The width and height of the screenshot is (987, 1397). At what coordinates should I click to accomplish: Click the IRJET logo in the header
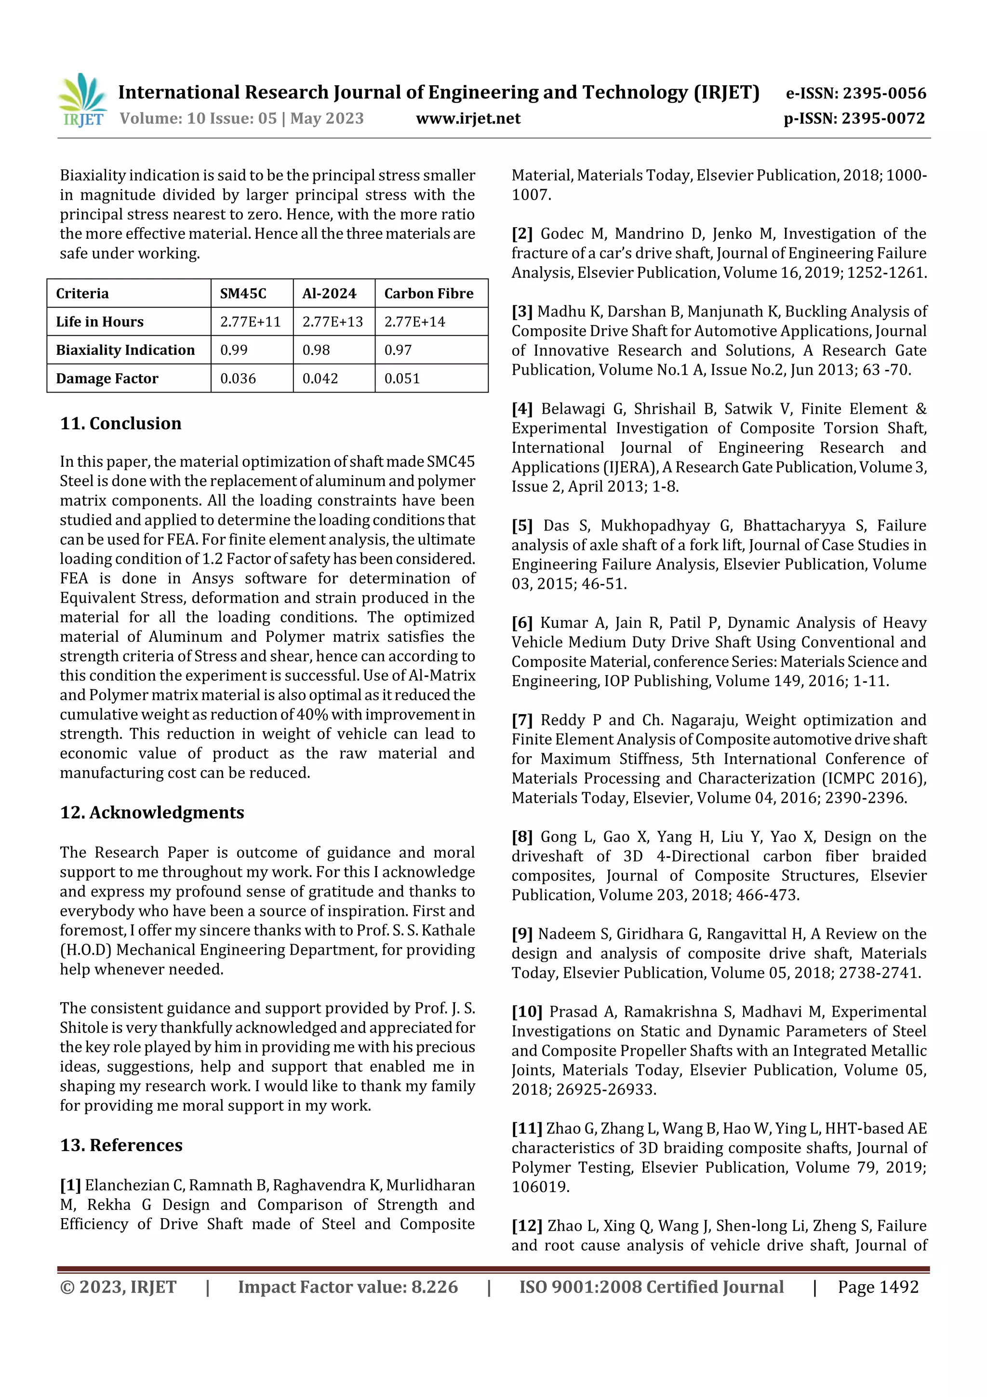[83, 100]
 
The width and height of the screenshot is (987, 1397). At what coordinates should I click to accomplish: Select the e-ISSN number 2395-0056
[884, 93]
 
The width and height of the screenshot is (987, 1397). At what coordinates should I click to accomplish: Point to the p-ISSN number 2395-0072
[883, 119]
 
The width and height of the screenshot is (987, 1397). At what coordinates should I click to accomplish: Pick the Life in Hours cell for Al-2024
[332, 322]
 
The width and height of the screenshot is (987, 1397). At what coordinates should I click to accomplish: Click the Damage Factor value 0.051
[401, 379]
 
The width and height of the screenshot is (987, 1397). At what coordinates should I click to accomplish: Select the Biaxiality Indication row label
[125, 350]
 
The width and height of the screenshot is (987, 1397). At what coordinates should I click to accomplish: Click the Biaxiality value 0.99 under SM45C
[234, 350]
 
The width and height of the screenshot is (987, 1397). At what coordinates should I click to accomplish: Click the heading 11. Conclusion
[120, 423]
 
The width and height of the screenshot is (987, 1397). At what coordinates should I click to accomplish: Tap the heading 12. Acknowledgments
[151, 812]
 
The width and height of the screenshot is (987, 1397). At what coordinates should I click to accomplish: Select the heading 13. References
[121, 1145]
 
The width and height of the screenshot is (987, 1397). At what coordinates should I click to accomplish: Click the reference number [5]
[522, 526]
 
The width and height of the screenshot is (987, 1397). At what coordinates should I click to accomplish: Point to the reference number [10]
[527, 1012]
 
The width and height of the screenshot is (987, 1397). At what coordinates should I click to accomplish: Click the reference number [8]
[522, 837]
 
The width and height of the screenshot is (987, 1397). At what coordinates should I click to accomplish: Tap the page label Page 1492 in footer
[878, 1287]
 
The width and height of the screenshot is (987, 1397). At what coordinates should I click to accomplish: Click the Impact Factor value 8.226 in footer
[434, 1287]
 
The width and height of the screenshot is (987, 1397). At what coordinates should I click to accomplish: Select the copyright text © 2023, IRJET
[118, 1287]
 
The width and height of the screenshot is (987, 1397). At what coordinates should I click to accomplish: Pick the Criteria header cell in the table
[83, 293]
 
